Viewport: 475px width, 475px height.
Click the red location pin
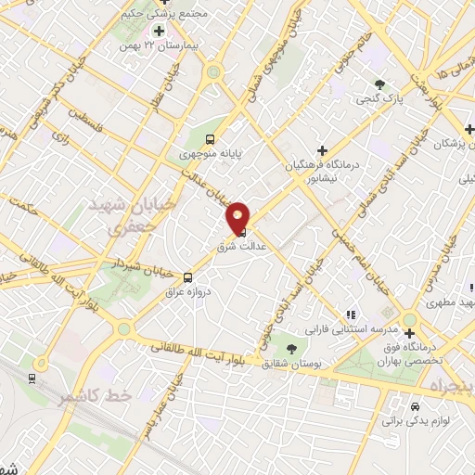point(238,216)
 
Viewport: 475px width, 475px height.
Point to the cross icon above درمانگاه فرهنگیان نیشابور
point(322,149)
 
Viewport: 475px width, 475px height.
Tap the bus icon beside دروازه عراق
point(188,276)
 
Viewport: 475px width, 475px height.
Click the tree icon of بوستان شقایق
point(292,350)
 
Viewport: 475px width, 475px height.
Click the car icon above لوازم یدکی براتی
point(415,406)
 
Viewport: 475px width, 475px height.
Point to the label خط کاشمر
point(91,396)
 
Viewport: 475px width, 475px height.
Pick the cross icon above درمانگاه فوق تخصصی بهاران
point(409,320)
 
